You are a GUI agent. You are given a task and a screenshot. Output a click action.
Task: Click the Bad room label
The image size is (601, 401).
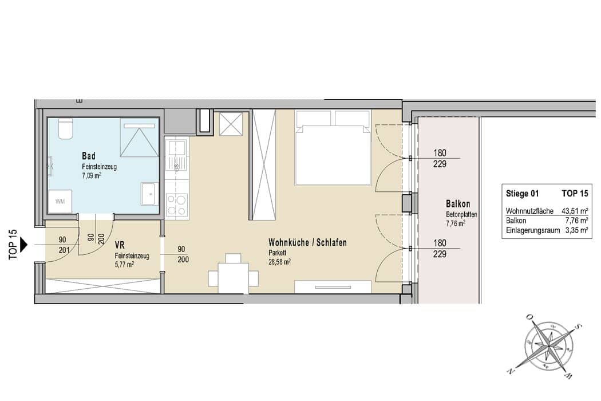[89, 156]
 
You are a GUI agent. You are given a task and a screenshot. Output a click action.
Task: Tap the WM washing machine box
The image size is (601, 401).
[60, 201]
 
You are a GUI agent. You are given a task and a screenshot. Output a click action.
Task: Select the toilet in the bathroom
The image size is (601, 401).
[66, 128]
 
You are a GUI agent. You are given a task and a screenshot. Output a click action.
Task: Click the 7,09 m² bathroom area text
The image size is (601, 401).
[92, 176]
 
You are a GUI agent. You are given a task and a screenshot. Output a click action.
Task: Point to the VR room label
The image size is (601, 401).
[120, 245]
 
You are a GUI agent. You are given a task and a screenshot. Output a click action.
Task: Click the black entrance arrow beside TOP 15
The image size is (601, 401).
[24, 244]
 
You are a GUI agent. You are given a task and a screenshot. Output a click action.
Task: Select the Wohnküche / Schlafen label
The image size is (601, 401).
[307, 242]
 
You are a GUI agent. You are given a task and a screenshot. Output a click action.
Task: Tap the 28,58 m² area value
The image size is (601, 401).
[279, 262]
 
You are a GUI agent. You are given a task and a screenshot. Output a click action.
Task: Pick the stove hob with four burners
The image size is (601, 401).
[177, 205]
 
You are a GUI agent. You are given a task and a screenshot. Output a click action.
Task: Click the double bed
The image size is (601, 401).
[333, 148]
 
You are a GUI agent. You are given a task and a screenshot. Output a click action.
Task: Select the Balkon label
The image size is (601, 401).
[458, 204]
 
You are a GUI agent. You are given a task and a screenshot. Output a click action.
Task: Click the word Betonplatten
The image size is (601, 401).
[461, 215]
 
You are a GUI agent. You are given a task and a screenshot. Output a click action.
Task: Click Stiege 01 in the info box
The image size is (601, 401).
[522, 194]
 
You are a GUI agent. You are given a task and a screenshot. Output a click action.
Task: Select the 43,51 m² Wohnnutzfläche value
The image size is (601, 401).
[575, 211]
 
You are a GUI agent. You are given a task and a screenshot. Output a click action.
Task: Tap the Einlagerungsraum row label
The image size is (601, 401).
[532, 231]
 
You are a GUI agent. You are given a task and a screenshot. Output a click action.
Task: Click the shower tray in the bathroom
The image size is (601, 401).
[139, 137]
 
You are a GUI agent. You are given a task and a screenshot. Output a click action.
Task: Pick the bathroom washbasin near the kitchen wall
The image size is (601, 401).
[149, 194]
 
